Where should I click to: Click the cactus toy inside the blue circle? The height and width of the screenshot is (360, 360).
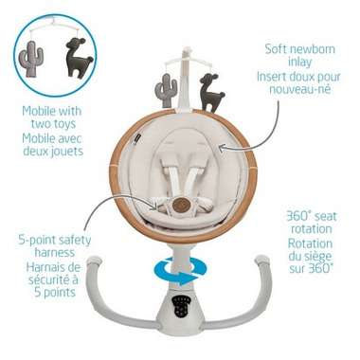click(29, 59)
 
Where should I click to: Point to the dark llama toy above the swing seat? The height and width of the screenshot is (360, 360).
click(210, 92)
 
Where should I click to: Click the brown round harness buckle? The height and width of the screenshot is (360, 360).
click(181, 205)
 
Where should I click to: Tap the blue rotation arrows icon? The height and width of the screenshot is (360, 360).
click(181, 271)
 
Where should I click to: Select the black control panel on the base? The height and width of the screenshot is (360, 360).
click(180, 307)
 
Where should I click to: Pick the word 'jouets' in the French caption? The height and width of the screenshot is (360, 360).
click(66, 151)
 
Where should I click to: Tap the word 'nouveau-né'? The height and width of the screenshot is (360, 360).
click(299, 89)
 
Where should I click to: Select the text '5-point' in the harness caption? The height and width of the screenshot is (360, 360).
click(36, 240)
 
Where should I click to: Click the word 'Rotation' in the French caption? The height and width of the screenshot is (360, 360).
click(310, 243)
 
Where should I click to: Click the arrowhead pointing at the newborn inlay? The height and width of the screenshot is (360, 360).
click(222, 147)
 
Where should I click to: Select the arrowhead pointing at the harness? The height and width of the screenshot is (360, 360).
click(154, 207)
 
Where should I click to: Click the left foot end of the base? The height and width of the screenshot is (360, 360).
click(95, 262)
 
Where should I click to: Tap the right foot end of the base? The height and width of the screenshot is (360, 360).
click(262, 262)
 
